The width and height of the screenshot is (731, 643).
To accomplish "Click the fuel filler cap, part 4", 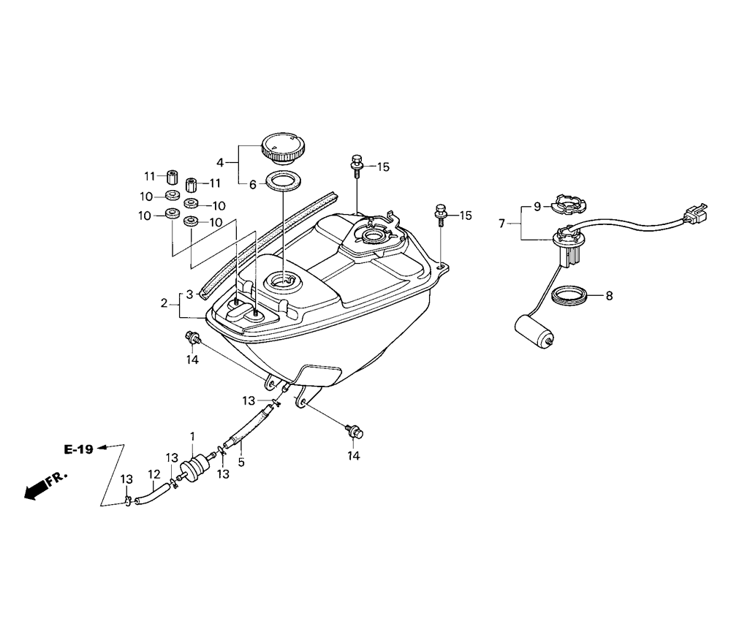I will pyautogui.click(x=280, y=145).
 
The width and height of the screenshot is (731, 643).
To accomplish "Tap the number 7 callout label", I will pyautogui.click(x=502, y=224).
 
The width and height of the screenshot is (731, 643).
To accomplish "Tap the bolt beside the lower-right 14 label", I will pyautogui.click(x=355, y=433).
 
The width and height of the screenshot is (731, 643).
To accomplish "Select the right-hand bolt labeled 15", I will pyautogui.click(x=442, y=212).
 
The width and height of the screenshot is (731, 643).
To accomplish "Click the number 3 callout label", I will pyautogui.click(x=189, y=294).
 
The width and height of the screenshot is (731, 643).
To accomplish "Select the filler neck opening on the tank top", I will pyautogui.click(x=281, y=280).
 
